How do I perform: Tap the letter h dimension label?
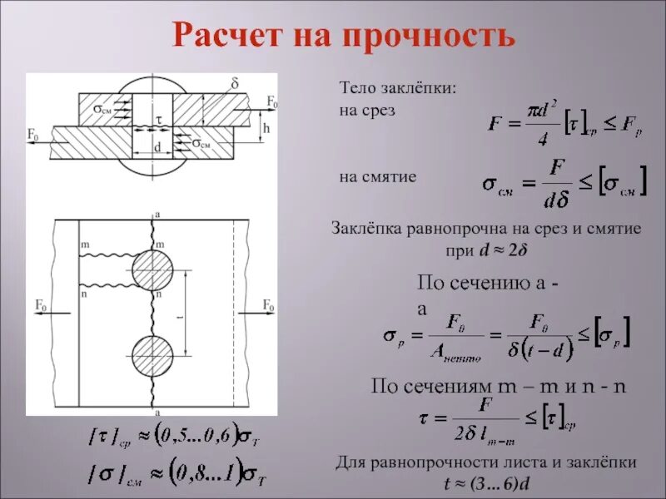pos(266,128)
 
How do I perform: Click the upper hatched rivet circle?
pos(152,269)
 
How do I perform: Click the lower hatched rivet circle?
pos(152,355)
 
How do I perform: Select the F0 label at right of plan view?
pos(268,306)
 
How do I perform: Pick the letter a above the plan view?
pos(156,215)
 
